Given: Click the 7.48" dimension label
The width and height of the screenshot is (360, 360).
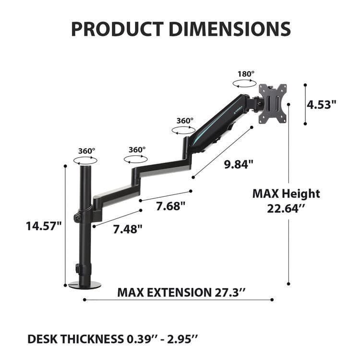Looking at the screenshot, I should [128, 229].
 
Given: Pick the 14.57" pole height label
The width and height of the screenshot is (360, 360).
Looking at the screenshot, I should [44, 225].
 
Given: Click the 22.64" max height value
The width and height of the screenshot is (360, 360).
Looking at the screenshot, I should [286, 210].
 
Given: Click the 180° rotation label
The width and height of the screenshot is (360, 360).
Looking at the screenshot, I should [246, 74].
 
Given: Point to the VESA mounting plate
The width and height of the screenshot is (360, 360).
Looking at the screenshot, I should [273, 104].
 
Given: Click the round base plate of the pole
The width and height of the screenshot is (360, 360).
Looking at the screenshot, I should [85, 285].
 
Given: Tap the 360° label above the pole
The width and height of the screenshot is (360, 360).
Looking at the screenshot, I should [86, 151].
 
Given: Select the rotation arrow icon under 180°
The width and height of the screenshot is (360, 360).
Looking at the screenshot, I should [244, 83].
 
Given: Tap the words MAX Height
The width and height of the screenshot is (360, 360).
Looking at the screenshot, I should [286, 194].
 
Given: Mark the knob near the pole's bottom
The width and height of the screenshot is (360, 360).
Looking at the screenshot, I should [76, 267].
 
